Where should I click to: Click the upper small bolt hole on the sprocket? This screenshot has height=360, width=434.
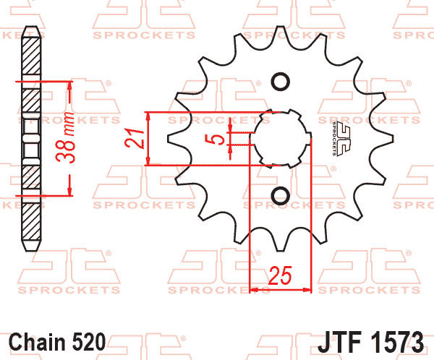[281, 82]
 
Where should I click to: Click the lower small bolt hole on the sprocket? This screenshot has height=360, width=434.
[281, 196]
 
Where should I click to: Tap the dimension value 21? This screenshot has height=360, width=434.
[135, 137]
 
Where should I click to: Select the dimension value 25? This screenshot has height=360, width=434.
[280, 275]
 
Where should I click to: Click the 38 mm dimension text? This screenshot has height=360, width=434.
[65, 137]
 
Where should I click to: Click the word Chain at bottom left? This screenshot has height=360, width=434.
[37, 343]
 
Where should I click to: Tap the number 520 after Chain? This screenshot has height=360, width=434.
[89, 343]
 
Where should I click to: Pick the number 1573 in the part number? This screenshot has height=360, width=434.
[397, 342]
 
